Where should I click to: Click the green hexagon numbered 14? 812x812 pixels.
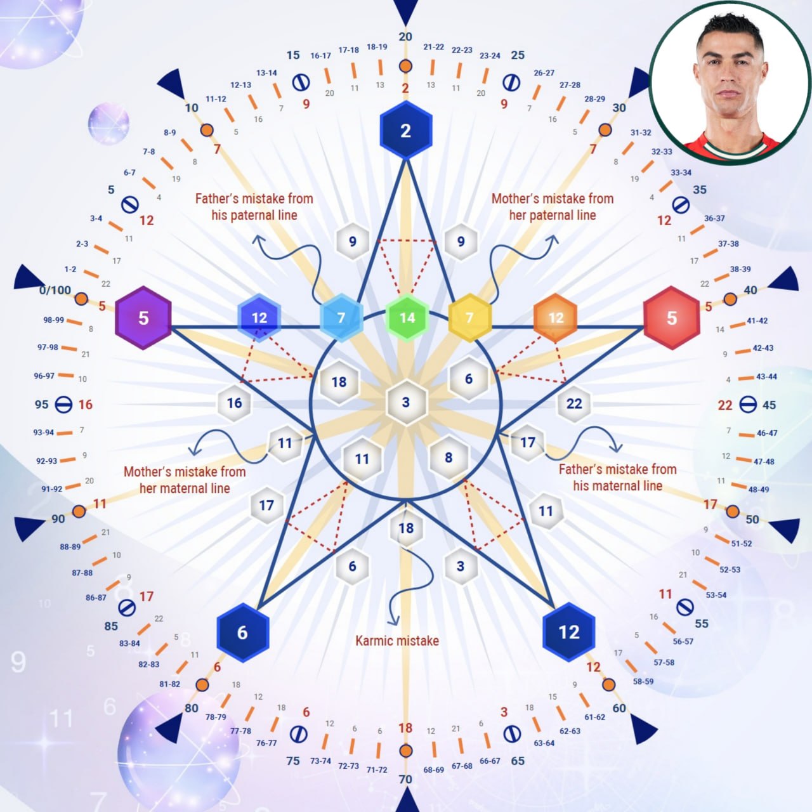click(407, 318)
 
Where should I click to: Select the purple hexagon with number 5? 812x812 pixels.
click(143, 318)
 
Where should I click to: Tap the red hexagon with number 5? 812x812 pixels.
click(672, 318)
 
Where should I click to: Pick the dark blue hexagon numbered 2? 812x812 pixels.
click(406, 130)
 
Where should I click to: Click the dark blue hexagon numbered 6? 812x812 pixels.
click(243, 632)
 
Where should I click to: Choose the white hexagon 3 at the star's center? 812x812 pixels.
click(406, 402)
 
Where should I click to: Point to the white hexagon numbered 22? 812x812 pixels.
click(574, 403)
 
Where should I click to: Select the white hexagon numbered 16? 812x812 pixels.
click(234, 403)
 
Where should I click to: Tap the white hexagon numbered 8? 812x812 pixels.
click(449, 457)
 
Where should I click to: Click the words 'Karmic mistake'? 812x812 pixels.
click(397, 641)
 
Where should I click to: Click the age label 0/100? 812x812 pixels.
click(55, 290)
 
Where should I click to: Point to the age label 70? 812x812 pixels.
click(405, 779)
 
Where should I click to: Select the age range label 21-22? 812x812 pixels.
click(434, 47)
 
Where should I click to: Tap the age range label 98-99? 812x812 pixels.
click(53, 320)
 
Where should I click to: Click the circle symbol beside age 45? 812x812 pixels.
click(748, 405)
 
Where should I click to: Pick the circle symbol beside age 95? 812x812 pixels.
click(63, 405)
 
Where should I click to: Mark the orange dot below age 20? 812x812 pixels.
click(405, 66)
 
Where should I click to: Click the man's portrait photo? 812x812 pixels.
click(730, 83)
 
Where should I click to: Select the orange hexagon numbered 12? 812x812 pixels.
click(556, 318)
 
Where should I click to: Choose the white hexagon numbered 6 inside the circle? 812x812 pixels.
click(469, 379)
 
